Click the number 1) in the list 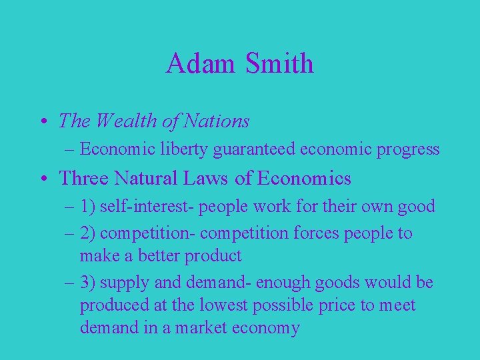click(88, 207)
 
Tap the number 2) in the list click(88, 233)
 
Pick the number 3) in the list click(88, 283)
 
